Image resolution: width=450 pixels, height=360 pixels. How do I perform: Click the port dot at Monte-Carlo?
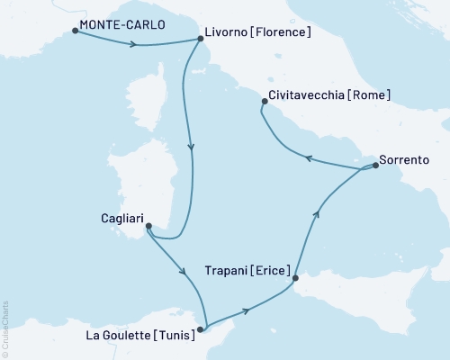[74, 31]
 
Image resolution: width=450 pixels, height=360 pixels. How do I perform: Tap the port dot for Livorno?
[200, 39]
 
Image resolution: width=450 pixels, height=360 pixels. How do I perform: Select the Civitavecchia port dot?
[263, 102]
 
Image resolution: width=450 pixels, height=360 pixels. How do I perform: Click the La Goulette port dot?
[205, 329]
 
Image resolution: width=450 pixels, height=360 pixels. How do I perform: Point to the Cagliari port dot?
[148, 226]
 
